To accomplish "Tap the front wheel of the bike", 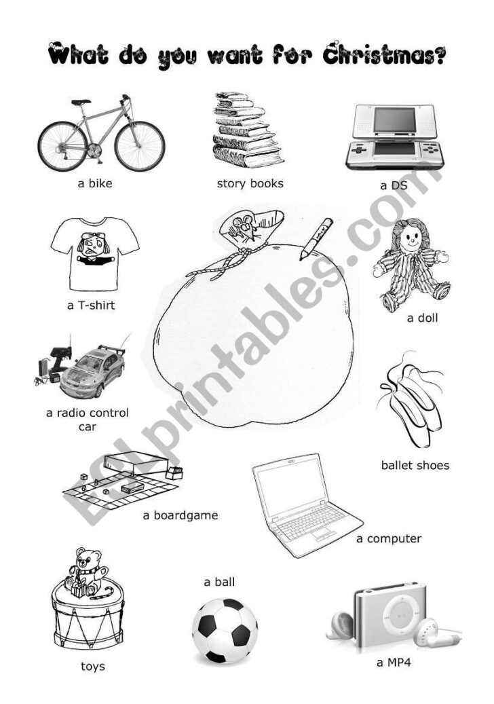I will pyautogui.click(x=140, y=146).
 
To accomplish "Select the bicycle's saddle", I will pyautogui.click(x=81, y=103).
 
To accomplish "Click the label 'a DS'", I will pyautogui.click(x=392, y=185).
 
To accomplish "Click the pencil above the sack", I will pyautogui.click(x=316, y=238).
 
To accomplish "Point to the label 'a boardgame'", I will pyautogui.click(x=180, y=515).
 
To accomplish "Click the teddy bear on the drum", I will pyautogui.click(x=86, y=570).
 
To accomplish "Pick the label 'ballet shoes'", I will pyautogui.click(x=415, y=466).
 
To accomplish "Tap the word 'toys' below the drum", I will pyautogui.click(x=93, y=666).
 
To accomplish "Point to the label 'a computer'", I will pyautogui.click(x=389, y=539).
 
